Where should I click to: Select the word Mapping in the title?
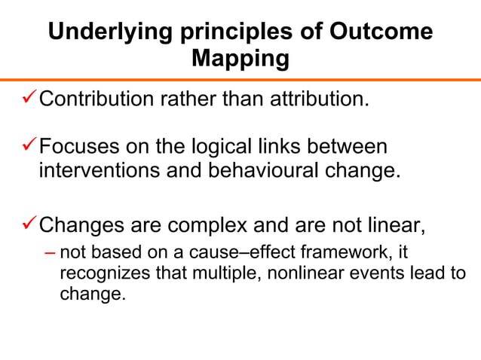240,59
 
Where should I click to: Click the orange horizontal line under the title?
240,79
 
